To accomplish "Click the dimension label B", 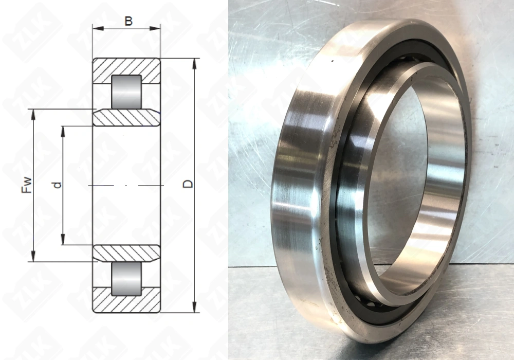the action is coord(128,21).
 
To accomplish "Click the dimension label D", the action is coord(188,184).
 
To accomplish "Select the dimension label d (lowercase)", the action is coord(57,185).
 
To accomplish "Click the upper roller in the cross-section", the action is coord(126,92).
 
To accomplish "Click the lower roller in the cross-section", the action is coord(126,279).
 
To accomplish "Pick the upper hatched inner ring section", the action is coord(126,117).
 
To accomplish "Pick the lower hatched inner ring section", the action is coord(126,254).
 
